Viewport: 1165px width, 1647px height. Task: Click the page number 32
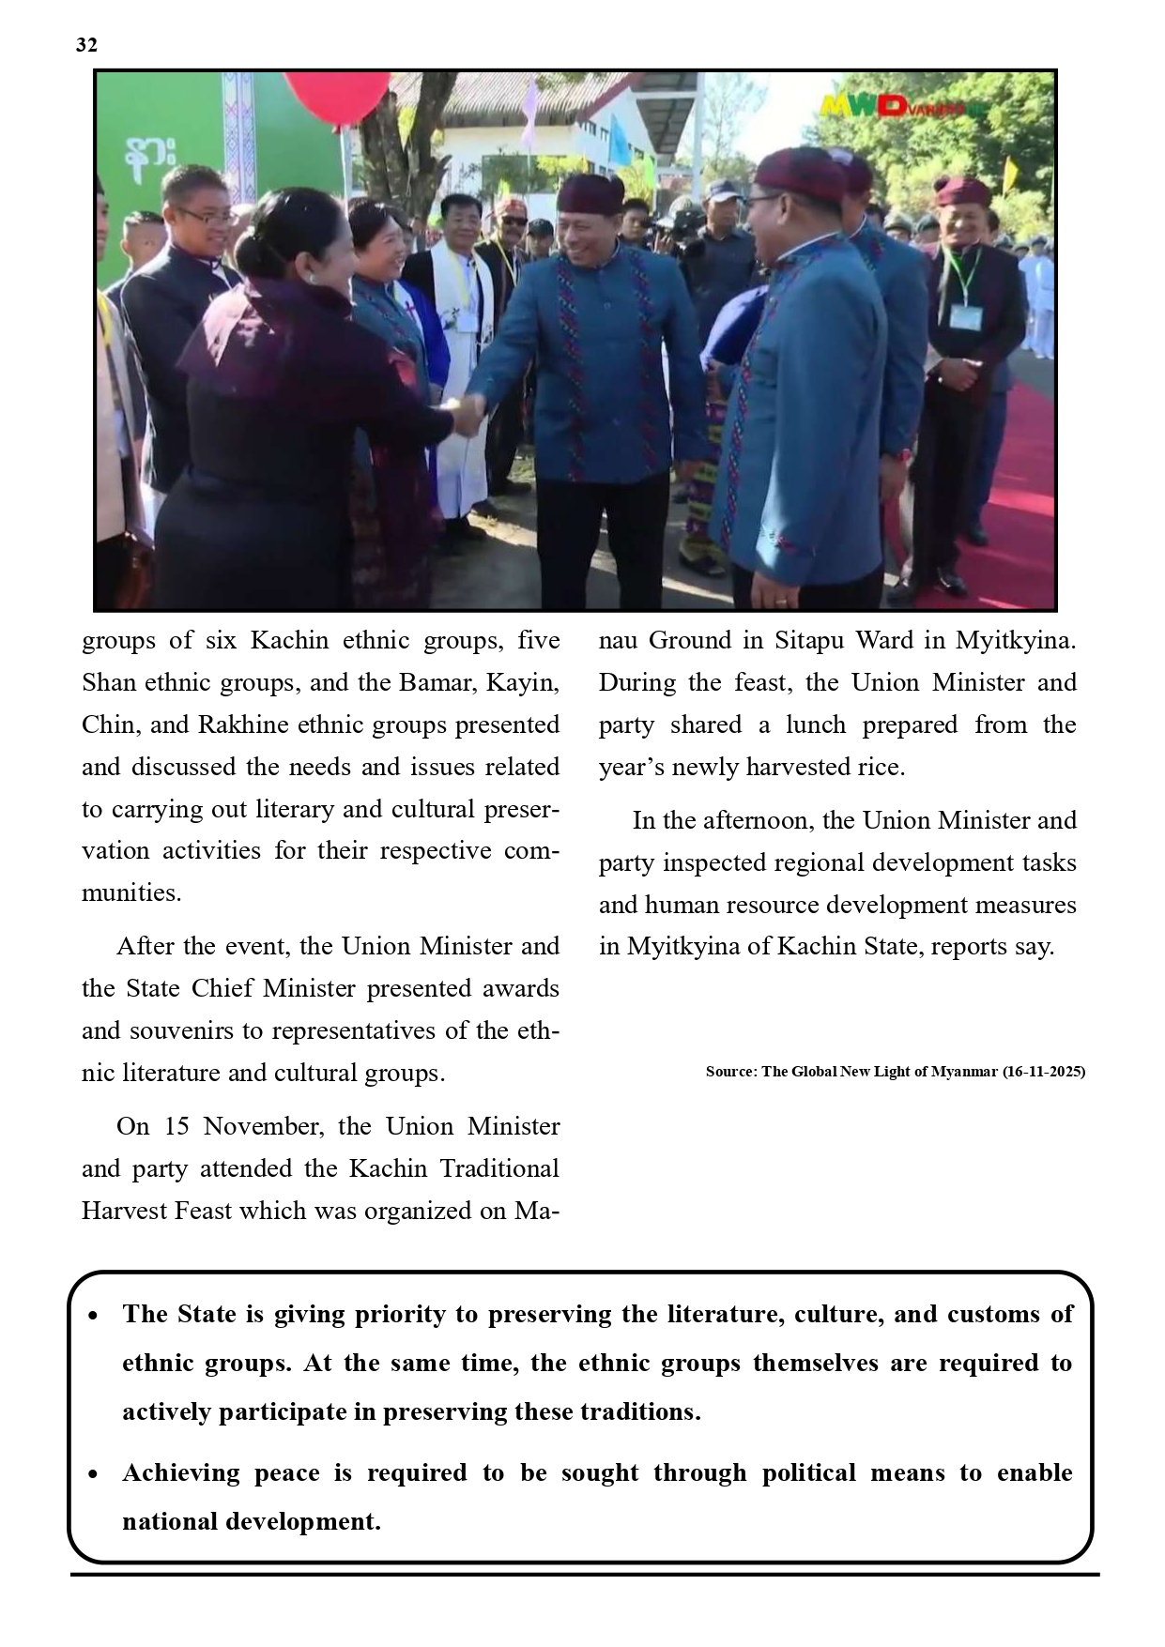(86, 45)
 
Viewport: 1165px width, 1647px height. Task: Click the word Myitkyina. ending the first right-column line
(1016, 641)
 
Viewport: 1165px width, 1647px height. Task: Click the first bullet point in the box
(93, 1317)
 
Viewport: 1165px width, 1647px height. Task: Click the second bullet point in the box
(93, 1475)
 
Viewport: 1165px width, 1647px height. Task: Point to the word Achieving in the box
(174, 1473)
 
